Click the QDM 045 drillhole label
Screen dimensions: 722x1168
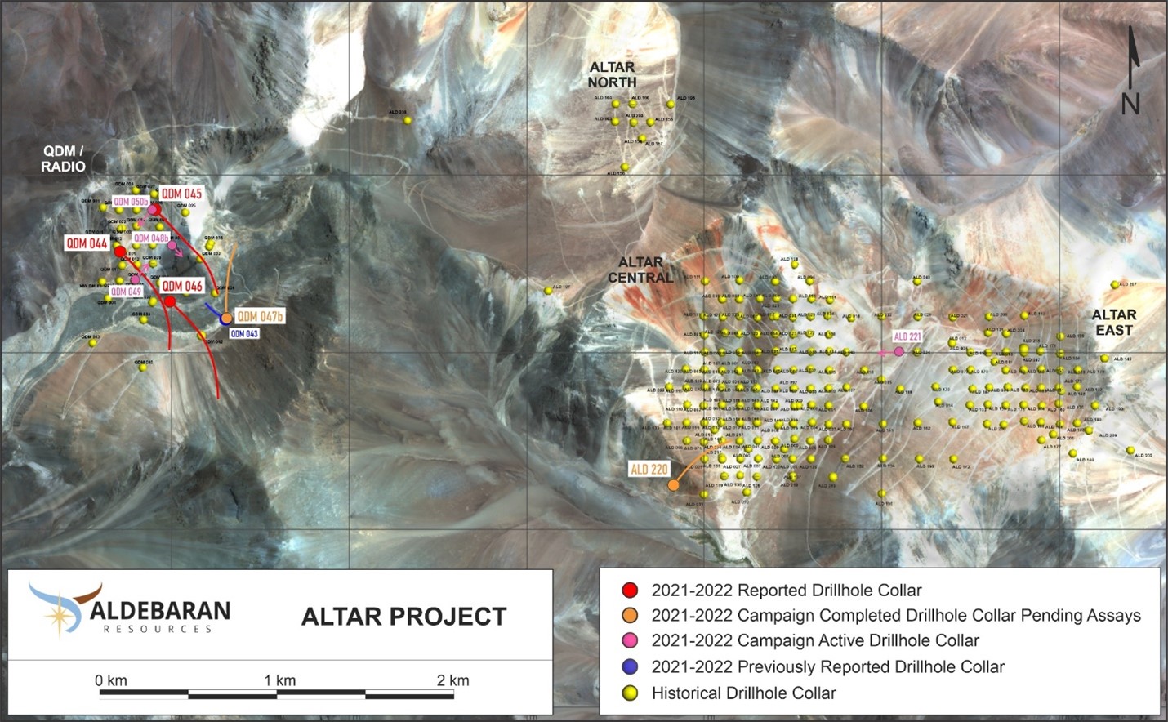click(181, 194)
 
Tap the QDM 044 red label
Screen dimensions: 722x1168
click(87, 243)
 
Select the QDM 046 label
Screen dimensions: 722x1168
click(181, 286)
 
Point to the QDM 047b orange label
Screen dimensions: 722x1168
click(260, 316)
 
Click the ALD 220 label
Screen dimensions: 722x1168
click(649, 469)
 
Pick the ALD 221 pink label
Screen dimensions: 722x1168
click(907, 336)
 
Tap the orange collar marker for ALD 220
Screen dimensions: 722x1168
click(673, 485)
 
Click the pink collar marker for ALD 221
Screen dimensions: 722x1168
click(899, 351)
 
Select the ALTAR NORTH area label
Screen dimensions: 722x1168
click(612, 74)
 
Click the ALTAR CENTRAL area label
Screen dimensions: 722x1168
click(640, 270)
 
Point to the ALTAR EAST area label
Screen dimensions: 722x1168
click(1114, 322)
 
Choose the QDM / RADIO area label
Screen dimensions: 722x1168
click(63, 158)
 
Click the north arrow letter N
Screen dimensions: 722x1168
click(1130, 104)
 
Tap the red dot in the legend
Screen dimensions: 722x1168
click(629, 591)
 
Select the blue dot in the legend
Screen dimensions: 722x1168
click(629, 666)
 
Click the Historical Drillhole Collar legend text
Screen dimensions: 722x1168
click(743, 693)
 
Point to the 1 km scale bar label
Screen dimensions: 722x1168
click(279, 680)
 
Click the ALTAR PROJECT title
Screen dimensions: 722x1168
click(403, 617)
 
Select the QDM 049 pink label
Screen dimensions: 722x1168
click(126, 292)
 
